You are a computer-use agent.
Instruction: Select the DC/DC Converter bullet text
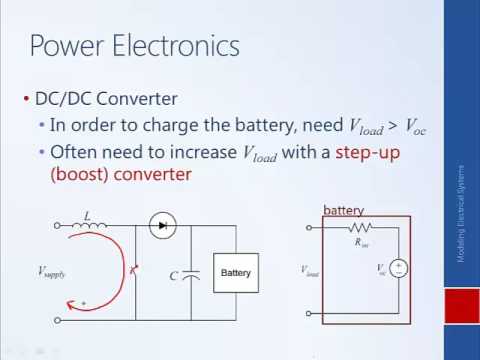pyautogui.click(x=106, y=99)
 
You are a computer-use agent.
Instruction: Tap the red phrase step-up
pyautogui.click(x=371, y=152)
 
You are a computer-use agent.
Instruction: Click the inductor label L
pyautogui.click(x=88, y=214)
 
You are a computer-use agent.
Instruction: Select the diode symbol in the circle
pyautogui.click(x=162, y=226)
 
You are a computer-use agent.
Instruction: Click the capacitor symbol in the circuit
pyautogui.click(x=192, y=273)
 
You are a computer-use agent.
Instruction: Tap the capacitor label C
pyautogui.click(x=173, y=274)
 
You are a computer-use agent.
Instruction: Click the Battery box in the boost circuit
pyautogui.click(x=236, y=272)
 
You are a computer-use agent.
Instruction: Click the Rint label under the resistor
pyautogui.click(x=362, y=242)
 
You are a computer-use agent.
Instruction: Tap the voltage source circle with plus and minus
pyautogui.click(x=399, y=268)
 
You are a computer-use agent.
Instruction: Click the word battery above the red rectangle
pyautogui.click(x=343, y=210)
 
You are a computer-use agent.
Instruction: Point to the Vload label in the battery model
pyautogui.click(x=311, y=270)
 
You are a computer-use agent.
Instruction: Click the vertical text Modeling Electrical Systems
pyautogui.click(x=461, y=215)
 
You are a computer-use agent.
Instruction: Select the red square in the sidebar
pyautogui.click(x=461, y=305)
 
